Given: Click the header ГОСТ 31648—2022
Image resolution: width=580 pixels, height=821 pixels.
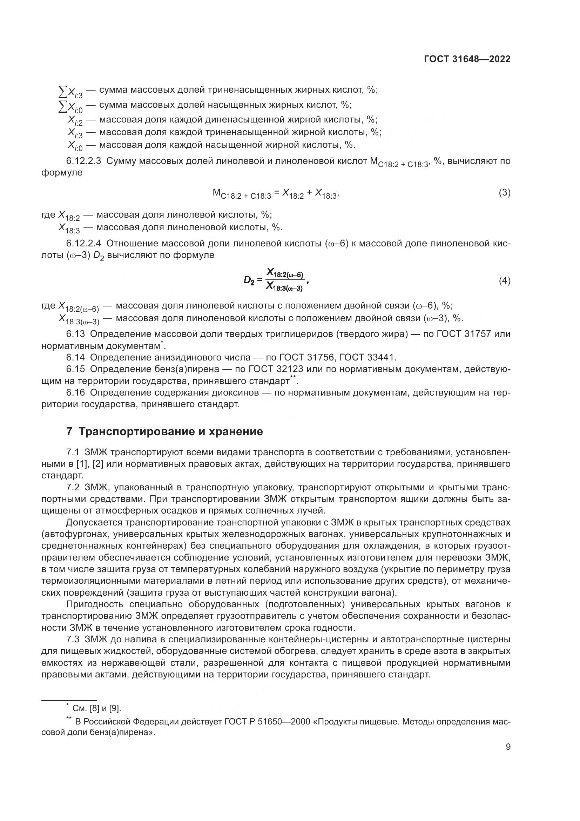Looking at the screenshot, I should tap(467, 59).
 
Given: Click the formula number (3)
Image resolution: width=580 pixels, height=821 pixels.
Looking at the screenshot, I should tap(505, 193).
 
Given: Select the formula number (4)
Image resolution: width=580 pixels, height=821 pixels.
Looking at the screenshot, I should tap(505, 281).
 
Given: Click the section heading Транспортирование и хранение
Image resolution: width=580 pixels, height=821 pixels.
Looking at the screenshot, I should tap(171, 432).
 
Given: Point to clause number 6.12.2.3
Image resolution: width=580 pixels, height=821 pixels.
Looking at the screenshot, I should tap(83, 161).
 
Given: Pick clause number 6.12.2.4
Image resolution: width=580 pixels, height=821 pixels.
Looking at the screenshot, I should tap(83, 244).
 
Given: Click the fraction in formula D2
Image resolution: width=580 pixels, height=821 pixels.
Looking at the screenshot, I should tap(285, 281).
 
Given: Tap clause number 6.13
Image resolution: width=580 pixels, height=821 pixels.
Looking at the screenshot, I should tap(76, 334).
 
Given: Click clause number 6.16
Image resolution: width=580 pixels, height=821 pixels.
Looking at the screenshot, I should tap(76, 393).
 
